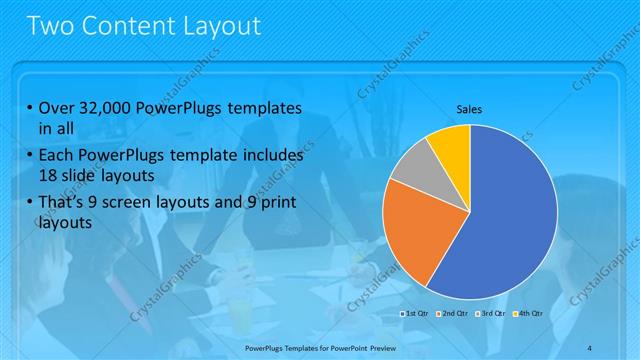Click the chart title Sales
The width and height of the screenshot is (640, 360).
click(x=470, y=109)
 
